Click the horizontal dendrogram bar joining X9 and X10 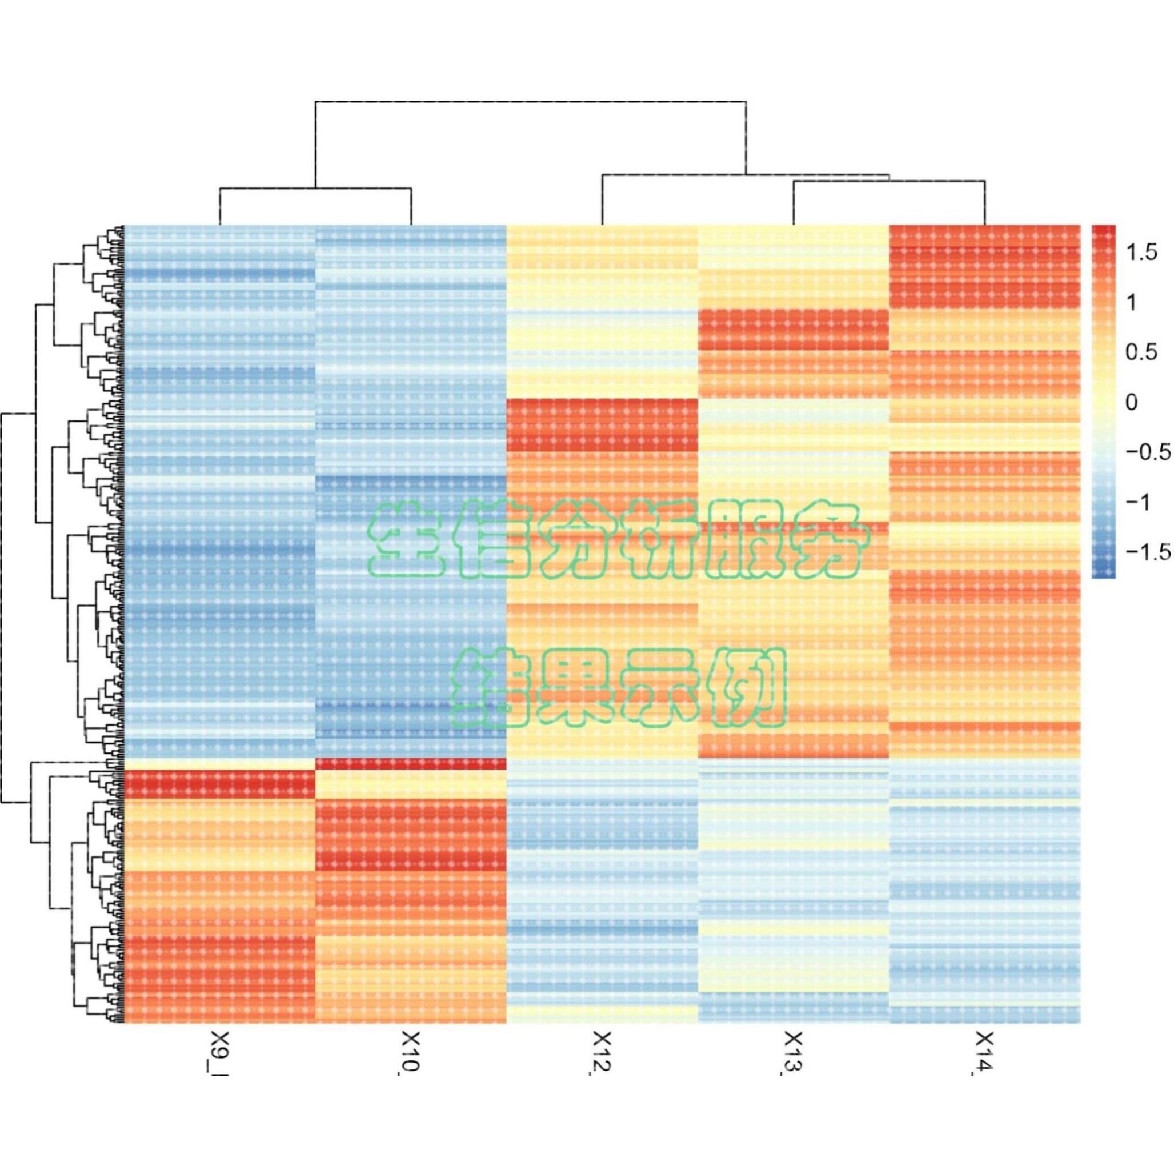pyautogui.click(x=316, y=189)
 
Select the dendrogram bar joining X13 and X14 pyautogui.click(x=889, y=181)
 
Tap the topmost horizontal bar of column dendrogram pyautogui.click(x=530, y=101)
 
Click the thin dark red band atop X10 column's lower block pyautogui.click(x=411, y=764)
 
